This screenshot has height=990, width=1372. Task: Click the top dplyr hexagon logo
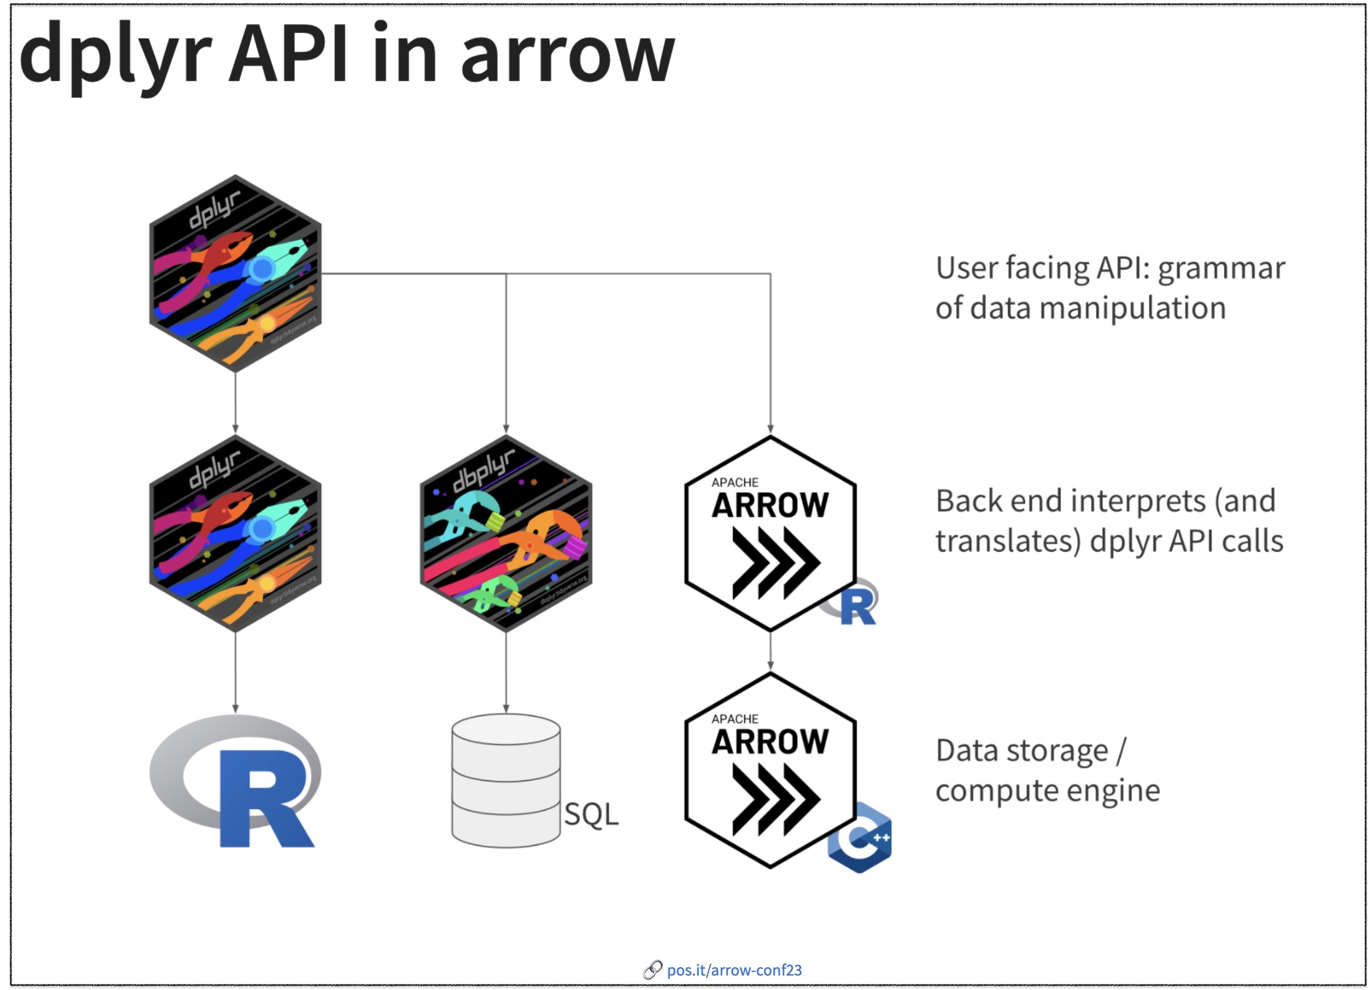[235, 273]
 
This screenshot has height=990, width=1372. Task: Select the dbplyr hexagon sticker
[506, 534]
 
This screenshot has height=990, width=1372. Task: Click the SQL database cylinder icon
[506, 781]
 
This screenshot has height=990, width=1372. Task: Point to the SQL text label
[591, 814]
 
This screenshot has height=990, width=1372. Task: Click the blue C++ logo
[859, 838]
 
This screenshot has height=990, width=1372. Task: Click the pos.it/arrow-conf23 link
[734, 970]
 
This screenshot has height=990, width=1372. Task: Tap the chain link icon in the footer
[652, 970]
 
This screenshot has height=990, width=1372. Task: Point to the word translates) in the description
[1008, 541]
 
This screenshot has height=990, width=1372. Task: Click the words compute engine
[1047, 790]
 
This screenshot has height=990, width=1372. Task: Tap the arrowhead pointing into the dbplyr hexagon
[506, 429]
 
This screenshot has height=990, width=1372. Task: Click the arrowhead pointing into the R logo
[235, 709]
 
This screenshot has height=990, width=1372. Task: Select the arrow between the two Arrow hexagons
[770, 652]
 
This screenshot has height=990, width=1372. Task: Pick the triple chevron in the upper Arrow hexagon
[775, 563]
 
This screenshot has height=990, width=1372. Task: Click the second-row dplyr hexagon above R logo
[235, 534]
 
